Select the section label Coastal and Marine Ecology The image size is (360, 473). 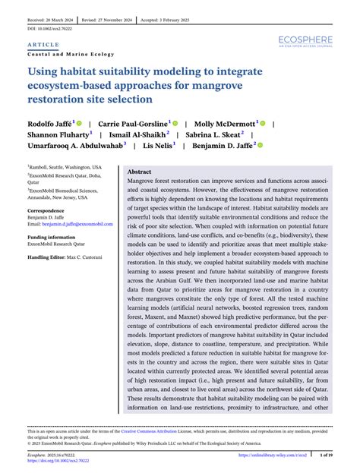point(71,55)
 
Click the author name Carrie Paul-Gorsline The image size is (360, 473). point(134,122)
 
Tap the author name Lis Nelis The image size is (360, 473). point(159,144)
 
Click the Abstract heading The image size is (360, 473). point(141,172)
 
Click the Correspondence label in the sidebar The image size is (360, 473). point(46,210)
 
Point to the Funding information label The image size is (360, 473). point(52,238)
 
